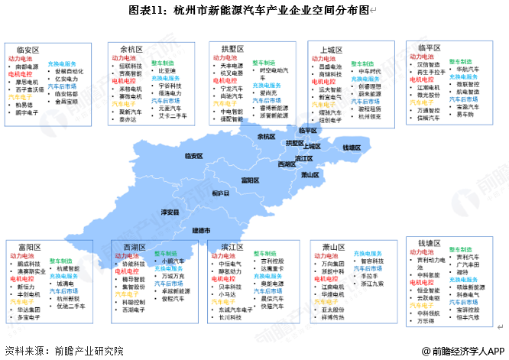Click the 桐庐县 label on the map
(x=220, y=193)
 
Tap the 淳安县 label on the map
(x=170, y=211)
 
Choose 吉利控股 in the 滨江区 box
(x=275, y=261)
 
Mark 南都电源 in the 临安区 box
(x=28, y=66)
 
